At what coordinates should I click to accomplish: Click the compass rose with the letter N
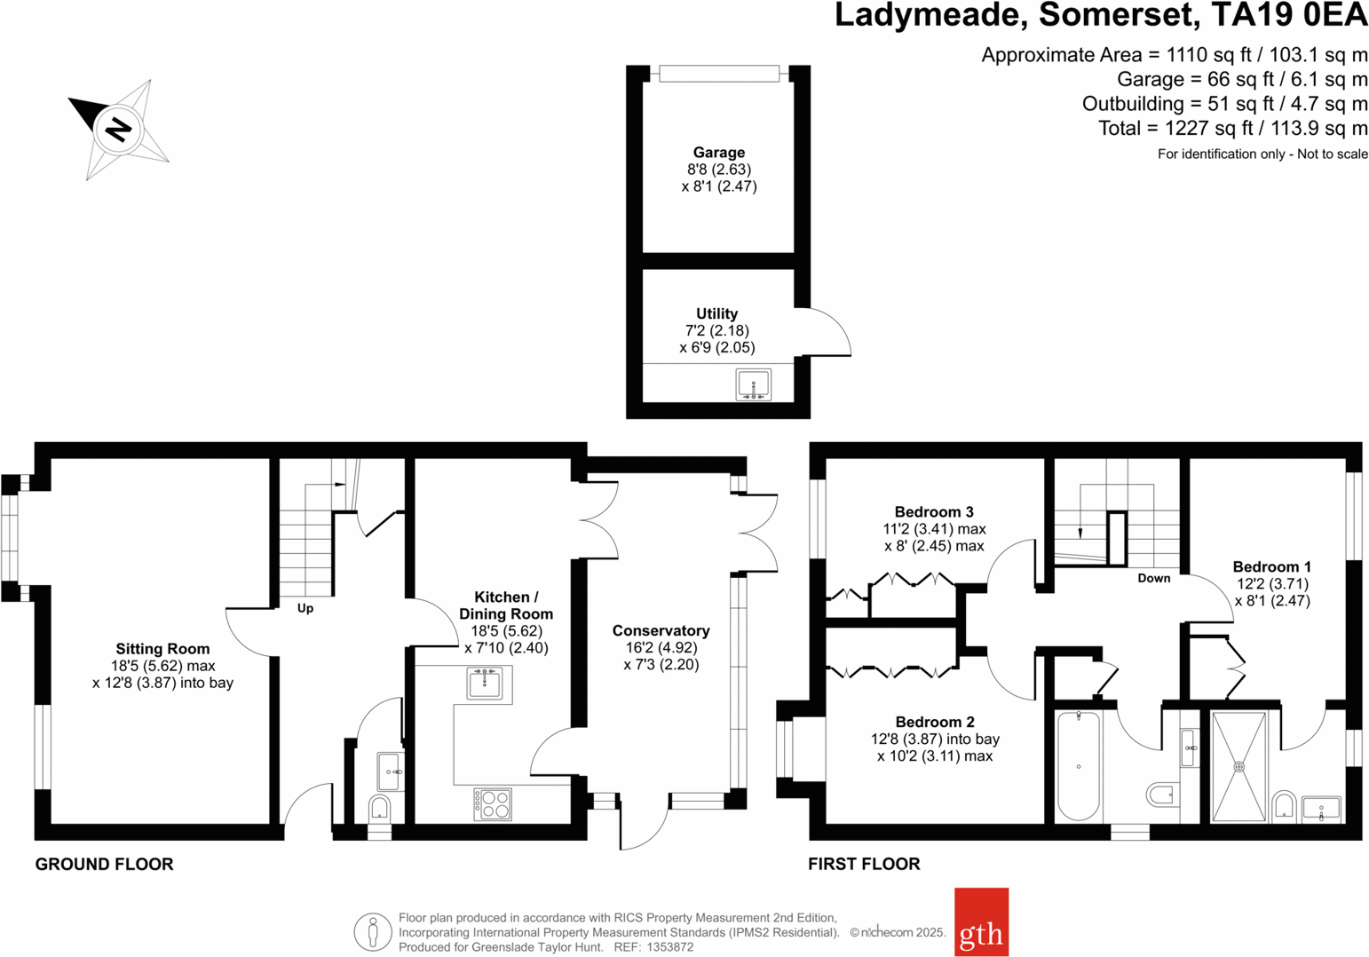click(119, 130)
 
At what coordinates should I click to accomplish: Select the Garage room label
click(718, 153)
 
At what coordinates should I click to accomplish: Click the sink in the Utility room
click(753, 385)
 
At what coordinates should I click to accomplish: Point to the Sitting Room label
click(162, 649)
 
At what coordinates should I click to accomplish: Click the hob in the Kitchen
click(493, 804)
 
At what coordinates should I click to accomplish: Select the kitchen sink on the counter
click(485, 684)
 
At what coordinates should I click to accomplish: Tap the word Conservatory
click(661, 630)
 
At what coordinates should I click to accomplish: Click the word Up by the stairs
click(305, 608)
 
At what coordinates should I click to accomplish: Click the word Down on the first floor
click(1153, 578)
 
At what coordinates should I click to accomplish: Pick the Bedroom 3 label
click(934, 511)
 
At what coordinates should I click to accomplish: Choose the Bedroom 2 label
click(935, 722)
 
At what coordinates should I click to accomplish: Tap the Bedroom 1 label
click(1271, 566)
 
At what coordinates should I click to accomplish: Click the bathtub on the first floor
click(1079, 765)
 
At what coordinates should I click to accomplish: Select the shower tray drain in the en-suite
click(1238, 766)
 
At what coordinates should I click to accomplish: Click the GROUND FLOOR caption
click(104, 864)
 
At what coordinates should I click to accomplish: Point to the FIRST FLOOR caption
click(864, 864)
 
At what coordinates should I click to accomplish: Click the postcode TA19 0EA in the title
click(1290, 16)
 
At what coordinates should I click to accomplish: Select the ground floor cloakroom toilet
click(379, 808)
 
